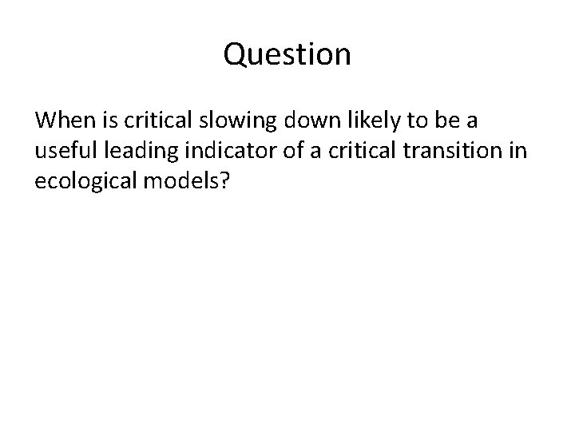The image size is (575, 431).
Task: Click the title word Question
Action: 287,55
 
